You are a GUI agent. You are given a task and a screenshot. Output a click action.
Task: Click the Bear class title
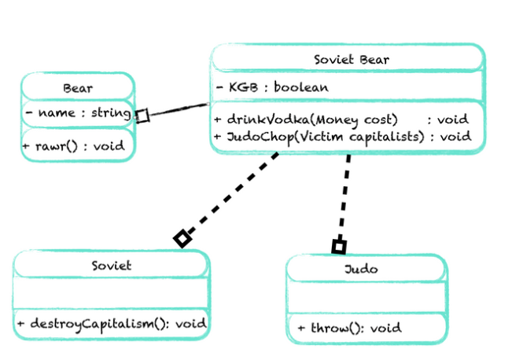click(x=77, y=88)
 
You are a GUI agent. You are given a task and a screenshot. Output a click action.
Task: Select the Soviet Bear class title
click(x=351, y=59)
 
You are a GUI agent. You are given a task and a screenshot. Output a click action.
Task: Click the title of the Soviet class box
click(x=112, y=265)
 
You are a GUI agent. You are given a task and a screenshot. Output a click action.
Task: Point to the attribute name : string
click(x=77, y=113)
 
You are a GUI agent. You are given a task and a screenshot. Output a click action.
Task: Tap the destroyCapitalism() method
click(x=111, y=323)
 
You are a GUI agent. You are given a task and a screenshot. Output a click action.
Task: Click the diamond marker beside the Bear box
click(x=142, y=116)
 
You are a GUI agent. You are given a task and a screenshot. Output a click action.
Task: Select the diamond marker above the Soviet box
click(x=182, y=238)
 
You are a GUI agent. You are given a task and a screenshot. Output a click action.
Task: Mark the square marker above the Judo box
click(x=339, y=247)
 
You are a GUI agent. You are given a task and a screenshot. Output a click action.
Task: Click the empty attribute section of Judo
click(x=367, y=298)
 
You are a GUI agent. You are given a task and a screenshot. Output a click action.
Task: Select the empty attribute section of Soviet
click(x=112, y=294)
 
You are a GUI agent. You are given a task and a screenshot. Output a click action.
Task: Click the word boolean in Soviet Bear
click(x=301, y=87)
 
